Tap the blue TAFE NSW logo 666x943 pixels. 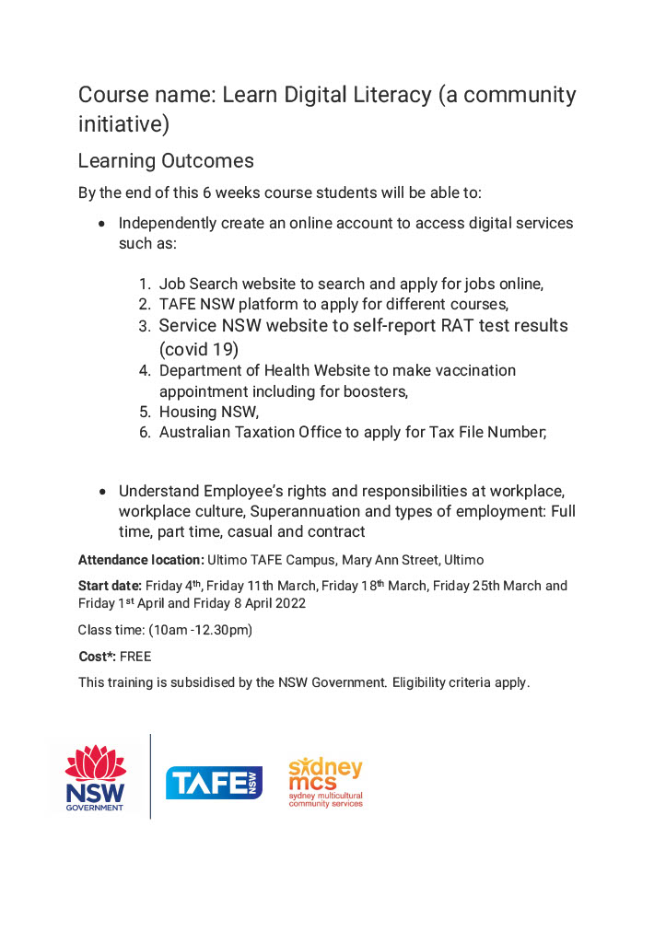click(214, 782)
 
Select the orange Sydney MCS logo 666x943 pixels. click(325, 783)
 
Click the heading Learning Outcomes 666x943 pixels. click(166, 161)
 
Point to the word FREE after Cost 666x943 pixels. click(135, 657)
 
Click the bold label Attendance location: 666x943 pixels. click(140, 560)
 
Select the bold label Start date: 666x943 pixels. click(110, 586)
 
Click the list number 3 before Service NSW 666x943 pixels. click(145, 327)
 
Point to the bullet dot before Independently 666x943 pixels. click(101, 224)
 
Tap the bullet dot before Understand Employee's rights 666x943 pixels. click(101, 491)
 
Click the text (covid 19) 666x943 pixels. click(198, 350)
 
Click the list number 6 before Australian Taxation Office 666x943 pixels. click(145, 432)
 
